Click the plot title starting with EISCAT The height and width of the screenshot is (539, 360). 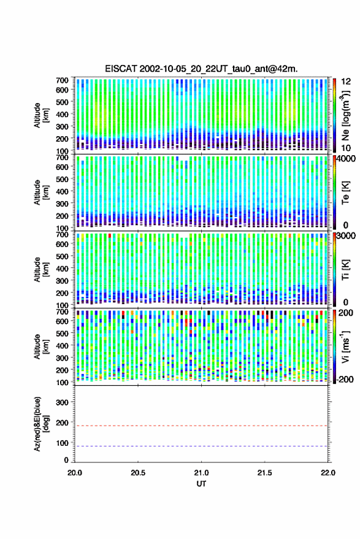(x=202, y=69)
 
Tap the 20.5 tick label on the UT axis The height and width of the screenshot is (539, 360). (x=138, y=473)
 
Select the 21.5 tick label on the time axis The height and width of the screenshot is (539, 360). (x=264, y=473)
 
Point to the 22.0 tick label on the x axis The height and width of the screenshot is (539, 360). (x=328, y=473)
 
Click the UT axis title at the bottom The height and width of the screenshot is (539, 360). (x=201, y=484)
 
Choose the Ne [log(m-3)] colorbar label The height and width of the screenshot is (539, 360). (x=345, y=115)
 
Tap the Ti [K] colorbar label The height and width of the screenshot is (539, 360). (x=345, y=270)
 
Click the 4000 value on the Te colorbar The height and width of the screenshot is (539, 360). (x=346, y=159)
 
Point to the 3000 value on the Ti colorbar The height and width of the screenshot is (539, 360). (x=346, y=236)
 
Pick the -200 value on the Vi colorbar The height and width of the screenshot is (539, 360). (x=345, y=380)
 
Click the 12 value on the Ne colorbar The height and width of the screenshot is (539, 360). (x=346, y=82)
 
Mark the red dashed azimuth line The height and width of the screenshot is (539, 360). (x=202, y=426)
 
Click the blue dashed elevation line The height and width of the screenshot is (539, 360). (x=202, y=446)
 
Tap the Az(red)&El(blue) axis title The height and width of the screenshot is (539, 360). (x=41, y=424)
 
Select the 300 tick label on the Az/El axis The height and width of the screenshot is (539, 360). (x=62, y=402)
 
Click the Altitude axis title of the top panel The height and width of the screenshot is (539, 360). (x=41, y=115)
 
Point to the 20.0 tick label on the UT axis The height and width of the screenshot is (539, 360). (x=75, y=473)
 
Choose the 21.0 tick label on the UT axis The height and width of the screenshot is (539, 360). (x=201, y=473)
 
